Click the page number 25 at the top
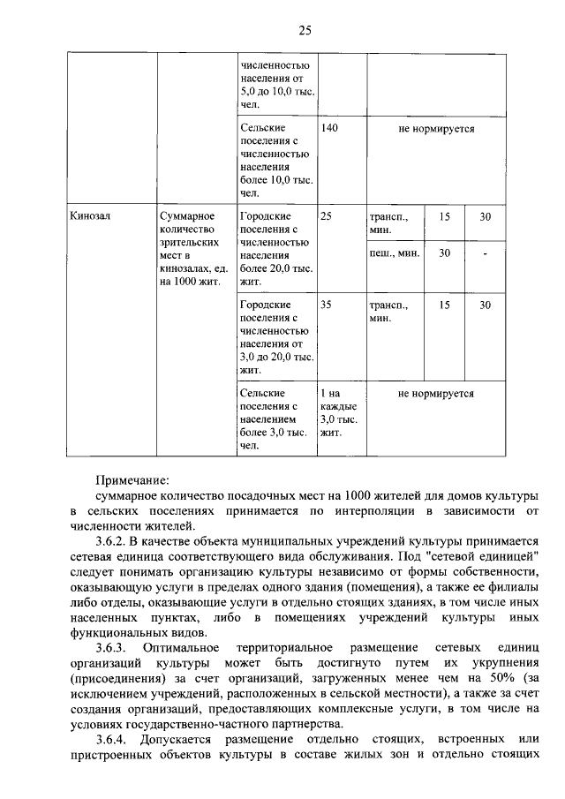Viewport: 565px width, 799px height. click(305, 31)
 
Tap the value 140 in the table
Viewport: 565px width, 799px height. click(329, 129)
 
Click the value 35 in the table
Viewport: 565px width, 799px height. click(326, 305)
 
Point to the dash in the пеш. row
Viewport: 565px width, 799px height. click(485, 253)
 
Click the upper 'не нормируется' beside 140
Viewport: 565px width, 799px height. click(436, 129)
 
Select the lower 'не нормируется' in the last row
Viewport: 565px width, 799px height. click(436, 393)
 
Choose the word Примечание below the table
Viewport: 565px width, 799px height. click(132, 480)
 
